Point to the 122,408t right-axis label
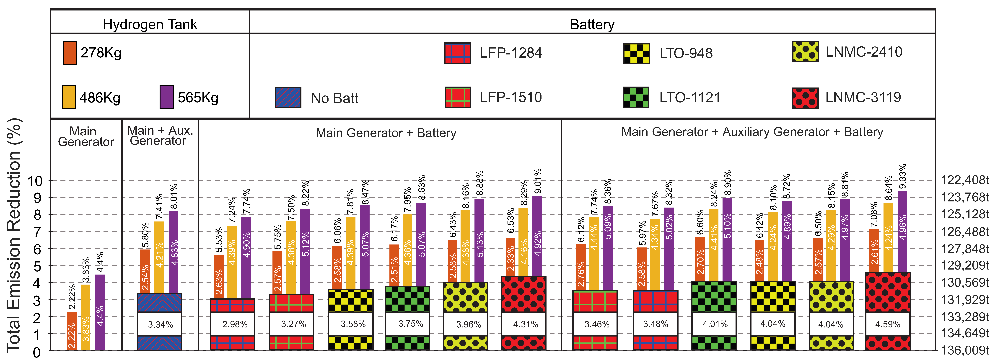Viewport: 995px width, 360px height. pos(964,180)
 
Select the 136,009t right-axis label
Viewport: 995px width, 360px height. pos(964,350)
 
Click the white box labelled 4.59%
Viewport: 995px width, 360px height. pos(888,324)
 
